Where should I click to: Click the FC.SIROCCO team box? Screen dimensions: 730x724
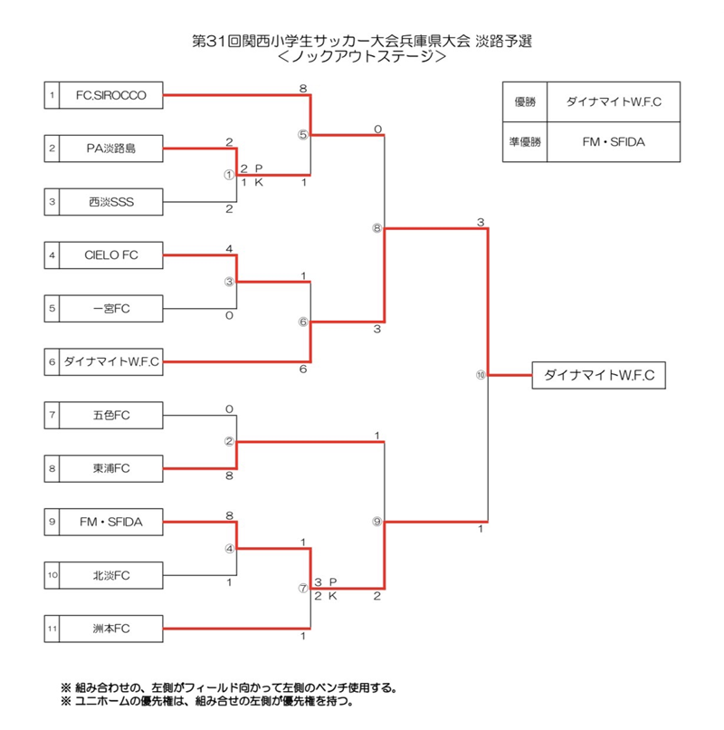[x=111, y=95]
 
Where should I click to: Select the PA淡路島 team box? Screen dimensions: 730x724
[x=111, y=148]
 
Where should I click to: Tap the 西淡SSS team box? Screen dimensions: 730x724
[x=111, y=200]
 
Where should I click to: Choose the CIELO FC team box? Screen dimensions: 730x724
[x=111, y=255]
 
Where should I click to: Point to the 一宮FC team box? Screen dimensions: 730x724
[x=111, y=309]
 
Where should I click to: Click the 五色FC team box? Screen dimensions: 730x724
[x=111, y=416]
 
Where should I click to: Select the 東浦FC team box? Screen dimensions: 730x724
[x=111, y=468]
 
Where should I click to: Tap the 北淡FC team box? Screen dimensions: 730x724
[x=111, y=574]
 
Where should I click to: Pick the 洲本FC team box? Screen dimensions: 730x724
[x=111, y=627]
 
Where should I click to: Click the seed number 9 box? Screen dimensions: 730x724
[x=52, y=521]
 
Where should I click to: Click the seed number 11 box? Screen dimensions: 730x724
[x=52, y=627]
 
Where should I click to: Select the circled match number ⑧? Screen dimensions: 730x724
[x=376, y=228]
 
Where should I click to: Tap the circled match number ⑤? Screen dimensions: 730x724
[x=303, y=135]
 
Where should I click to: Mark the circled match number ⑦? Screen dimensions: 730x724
[x=303, y=588]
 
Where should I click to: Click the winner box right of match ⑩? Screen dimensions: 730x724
[x=600, y=375]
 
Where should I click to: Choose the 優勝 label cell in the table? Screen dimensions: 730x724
[x=525, y=102]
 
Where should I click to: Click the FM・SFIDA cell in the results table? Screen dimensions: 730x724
[x=614, y=141]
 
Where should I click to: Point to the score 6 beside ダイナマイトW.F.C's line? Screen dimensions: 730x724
[x=303, y=370]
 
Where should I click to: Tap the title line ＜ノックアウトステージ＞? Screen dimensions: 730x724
[x=362, y=56]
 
